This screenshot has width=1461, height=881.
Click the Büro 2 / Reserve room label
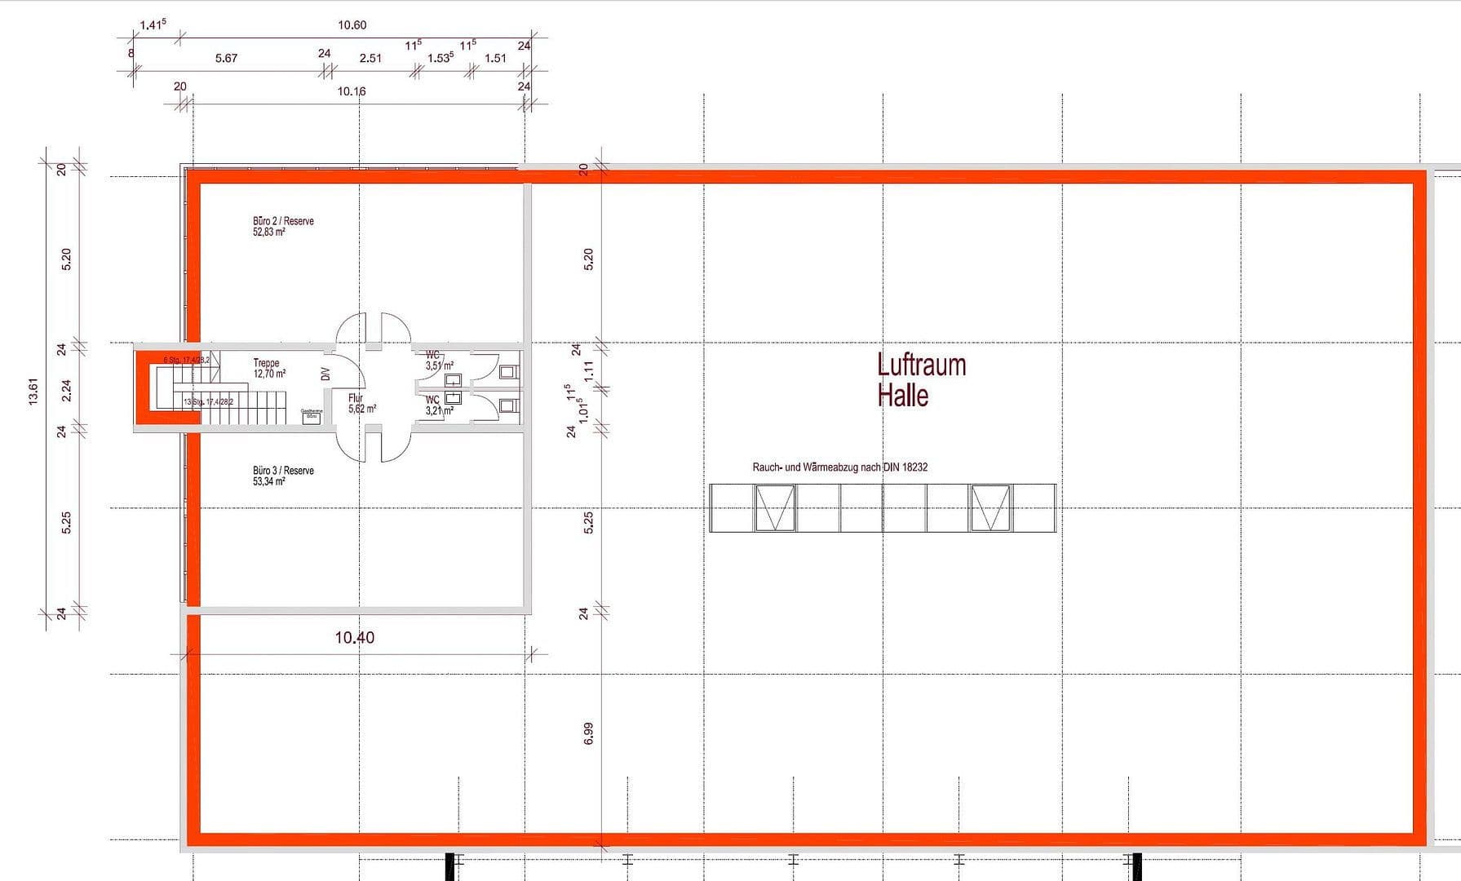[x=282, y=226]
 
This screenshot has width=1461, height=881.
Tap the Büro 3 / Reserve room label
[x=282, y=476]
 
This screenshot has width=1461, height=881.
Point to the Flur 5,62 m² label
[x=361, y=404]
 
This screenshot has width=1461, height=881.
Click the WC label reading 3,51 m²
[x=438, y=361]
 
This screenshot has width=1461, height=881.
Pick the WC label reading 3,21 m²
[x=438, y=405]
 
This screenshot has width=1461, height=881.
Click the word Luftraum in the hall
[x=921, y=365]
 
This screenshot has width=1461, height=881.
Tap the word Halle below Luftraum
[x=902, y=396]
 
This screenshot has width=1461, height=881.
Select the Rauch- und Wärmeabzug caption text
[x=839, y=467]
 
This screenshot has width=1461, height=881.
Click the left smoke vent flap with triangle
[x=774, y=508]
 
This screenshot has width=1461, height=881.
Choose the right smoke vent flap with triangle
[x=989, y=508]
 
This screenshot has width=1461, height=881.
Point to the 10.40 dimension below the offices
[x=354, y=638]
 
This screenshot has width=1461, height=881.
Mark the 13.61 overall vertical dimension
[x=33, y=391]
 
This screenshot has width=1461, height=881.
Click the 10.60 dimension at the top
[x=352, y=25]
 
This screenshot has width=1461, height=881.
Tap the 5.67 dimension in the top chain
[x=226, y=59]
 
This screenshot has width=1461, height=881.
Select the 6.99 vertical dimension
[x=589, y=733]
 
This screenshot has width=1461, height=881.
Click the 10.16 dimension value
[x=352, y=91]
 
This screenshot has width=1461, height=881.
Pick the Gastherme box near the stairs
[x=312, y=416]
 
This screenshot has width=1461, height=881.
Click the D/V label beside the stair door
[x=325, y=374]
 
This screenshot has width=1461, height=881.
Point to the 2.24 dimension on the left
[x=67, y=391]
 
